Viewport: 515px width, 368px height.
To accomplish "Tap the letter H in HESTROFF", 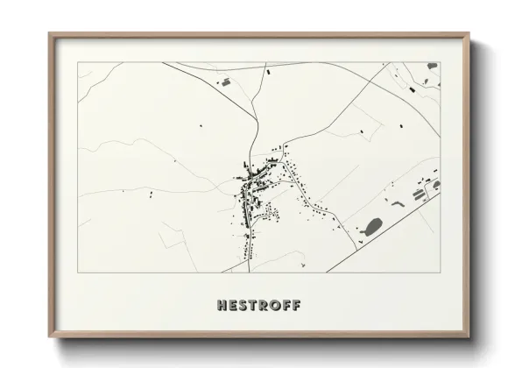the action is coord(222,306).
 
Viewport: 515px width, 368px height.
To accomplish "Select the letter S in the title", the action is coord(242,306).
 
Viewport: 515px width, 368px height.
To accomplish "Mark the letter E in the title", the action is coord(232,306).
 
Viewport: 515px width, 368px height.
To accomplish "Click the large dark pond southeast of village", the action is coord(372,225).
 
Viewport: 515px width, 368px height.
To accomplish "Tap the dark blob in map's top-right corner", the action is coord(432,67).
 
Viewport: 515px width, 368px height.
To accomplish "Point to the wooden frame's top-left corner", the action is coord(50,34).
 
